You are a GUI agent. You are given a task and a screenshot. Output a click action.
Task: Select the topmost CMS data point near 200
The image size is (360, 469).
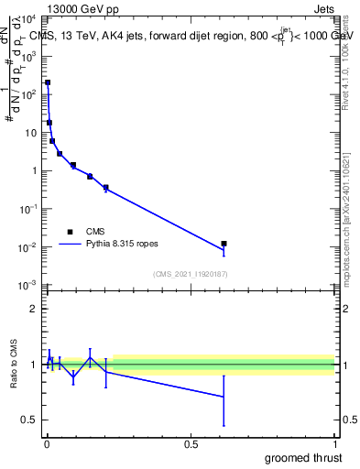(x=48, y=82)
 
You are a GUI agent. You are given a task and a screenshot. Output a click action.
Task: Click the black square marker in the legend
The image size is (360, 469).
(x=70, y=231)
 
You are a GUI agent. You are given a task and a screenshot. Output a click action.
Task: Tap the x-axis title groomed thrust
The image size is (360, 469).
(x=305, y=457)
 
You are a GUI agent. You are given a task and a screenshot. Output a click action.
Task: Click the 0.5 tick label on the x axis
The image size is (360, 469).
(x=191, y=442)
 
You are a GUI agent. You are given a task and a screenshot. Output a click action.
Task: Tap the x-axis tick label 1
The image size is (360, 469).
(x=335, y=442)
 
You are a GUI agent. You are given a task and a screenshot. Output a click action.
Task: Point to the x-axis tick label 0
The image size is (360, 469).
(x=47, y=442)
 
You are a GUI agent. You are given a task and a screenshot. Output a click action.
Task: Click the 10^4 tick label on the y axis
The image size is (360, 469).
(x=29, y=17)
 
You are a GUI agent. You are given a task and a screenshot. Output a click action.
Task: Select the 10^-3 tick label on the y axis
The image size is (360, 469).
(x=29, y=286)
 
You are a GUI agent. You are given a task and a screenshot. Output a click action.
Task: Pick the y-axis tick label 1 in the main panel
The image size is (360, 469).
(x=35, y=170)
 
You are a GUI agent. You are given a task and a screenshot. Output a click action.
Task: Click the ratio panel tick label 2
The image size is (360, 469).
(x=35, y=309)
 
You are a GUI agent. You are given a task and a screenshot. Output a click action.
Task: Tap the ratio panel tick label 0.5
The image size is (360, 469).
(x=30, y=420)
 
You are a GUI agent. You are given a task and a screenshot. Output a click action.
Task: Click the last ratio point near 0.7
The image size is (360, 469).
(x=224, y=397)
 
